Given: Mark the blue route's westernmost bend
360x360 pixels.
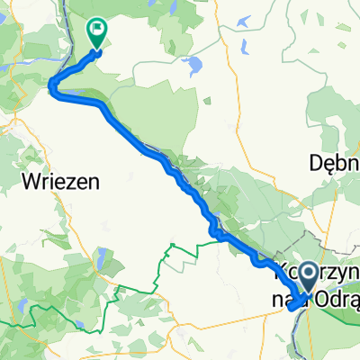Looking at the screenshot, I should (52, 85).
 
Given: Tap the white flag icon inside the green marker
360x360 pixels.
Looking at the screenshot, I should (96, 29).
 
